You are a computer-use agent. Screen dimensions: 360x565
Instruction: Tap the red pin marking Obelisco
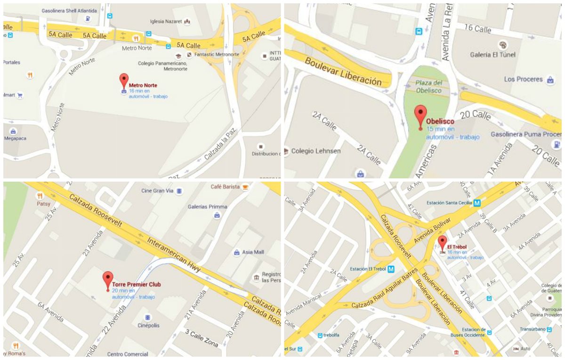[420, 115]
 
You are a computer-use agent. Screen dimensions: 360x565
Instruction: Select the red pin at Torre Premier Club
[108, 279]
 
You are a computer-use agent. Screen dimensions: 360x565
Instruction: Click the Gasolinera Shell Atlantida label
[69, 10]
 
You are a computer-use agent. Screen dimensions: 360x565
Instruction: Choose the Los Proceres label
[523, 79]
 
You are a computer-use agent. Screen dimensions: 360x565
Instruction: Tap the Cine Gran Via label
[158, 191]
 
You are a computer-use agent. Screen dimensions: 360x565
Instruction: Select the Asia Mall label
[253, 252]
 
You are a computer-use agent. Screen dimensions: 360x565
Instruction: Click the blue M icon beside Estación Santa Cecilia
[477, 203]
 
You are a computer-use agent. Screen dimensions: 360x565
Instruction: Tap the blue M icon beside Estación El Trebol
[390, 270]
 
